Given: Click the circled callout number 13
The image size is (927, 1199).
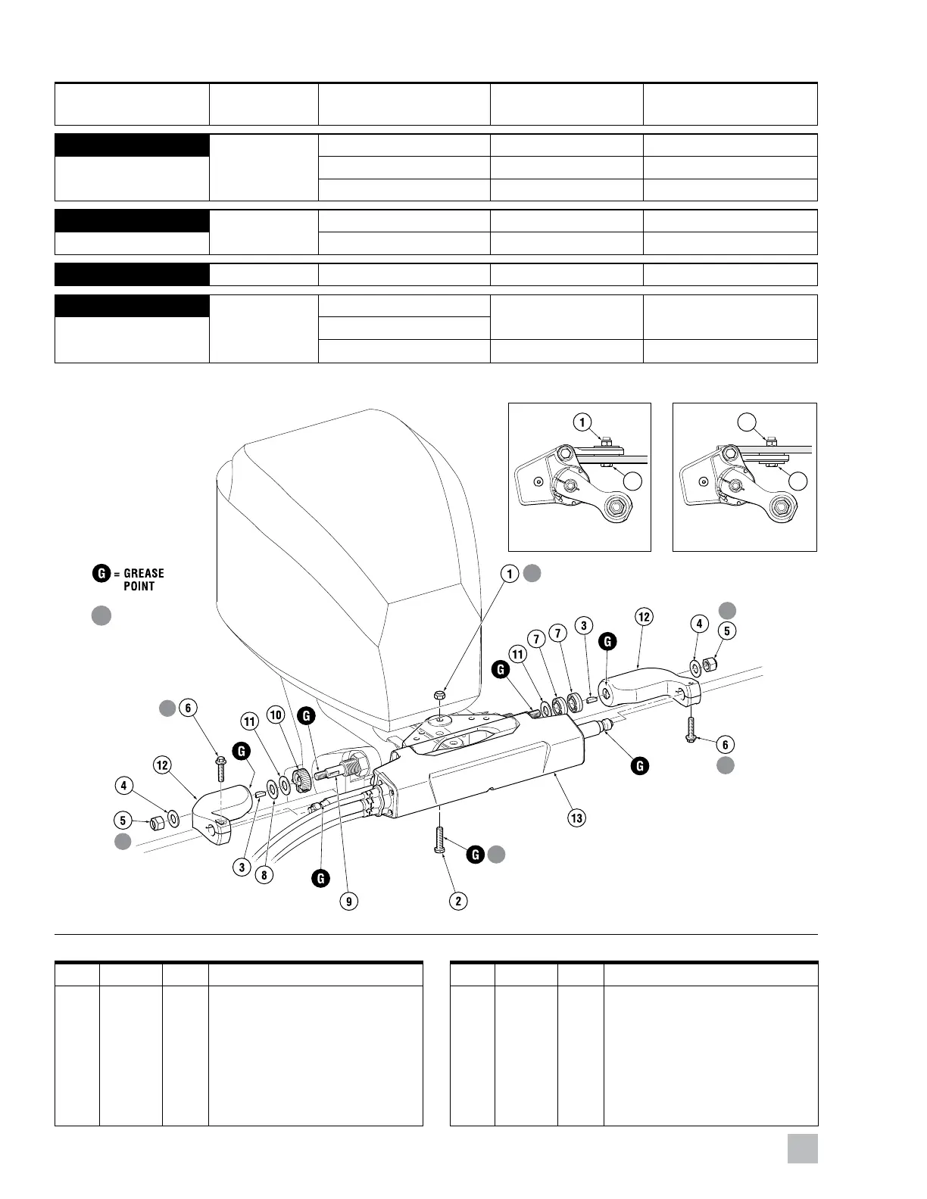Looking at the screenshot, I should (577, 817).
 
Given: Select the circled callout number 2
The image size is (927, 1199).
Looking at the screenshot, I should (457, 901).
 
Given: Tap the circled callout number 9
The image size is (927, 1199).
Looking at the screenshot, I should (348, 901).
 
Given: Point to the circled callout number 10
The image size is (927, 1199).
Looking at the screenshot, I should (276, 715).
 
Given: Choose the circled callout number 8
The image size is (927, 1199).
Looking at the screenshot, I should (264, 875).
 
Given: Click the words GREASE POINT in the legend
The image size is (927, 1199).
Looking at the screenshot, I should (143, 580).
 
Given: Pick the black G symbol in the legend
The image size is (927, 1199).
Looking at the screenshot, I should (101, 574).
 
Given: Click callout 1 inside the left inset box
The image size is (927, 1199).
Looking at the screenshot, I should (582, 422).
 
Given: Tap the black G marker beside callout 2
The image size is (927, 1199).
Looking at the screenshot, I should (475, 855).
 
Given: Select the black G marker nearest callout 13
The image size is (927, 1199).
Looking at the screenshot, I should (640, 766).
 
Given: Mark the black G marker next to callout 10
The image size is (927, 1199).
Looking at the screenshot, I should (306, 715).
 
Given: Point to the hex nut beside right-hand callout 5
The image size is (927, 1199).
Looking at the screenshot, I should (710, 665).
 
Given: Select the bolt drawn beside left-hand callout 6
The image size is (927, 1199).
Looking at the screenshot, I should (220, 768).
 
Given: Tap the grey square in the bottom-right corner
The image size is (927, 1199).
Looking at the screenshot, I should (802, 1148).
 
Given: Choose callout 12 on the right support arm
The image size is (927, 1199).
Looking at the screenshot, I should (644, 617).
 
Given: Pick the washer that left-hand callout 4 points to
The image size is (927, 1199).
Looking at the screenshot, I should (173, 818).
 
